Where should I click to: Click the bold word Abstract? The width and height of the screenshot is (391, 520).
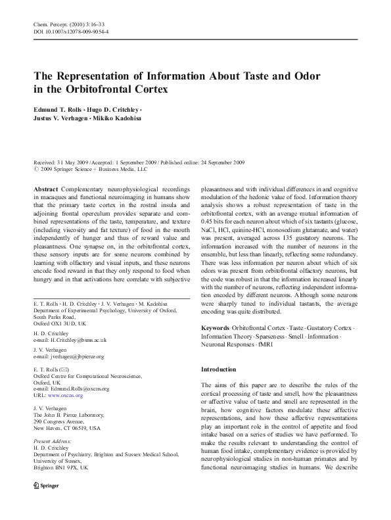[x=44, y=189]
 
